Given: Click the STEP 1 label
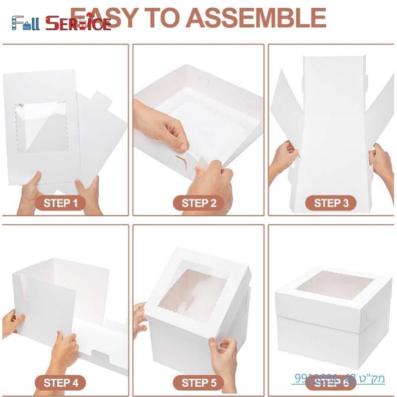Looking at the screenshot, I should [61, 203].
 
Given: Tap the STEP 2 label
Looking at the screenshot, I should [199, 203].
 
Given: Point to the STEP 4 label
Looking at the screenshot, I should [61, 382].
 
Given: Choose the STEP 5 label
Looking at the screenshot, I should [199, 382].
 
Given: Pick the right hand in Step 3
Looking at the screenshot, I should [382, 161].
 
